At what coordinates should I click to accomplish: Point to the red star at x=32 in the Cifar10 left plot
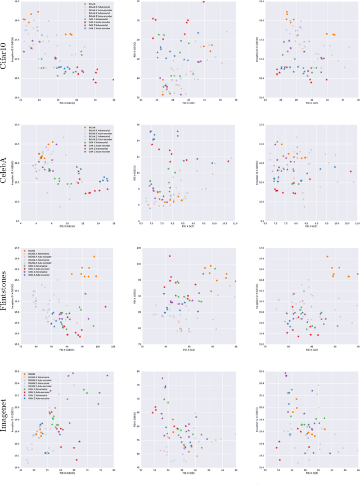pyautogui.click(x=113, y=79)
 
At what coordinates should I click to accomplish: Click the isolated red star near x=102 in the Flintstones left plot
pyautogui.click(x=105, y=307)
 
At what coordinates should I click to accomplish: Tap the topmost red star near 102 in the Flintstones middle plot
pyautogui.click(x=169, y=256)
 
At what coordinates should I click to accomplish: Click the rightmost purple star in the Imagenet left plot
pyautogui.click(x=107, y=375)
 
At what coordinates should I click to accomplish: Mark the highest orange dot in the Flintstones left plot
pyautogui.click(x=94, y=257)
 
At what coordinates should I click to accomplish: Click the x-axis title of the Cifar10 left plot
pyautogui.click(x=67, y=104)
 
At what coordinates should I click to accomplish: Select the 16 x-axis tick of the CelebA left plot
pyautogui.click(x=113, y=225)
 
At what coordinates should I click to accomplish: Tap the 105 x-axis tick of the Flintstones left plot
pyautogui.click(x=113, y=348)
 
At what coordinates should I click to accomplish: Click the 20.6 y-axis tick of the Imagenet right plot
pyautogui.click(x=260, y=371)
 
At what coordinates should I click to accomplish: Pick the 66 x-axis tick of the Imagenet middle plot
pyautogui.click(x=235, y=470)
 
